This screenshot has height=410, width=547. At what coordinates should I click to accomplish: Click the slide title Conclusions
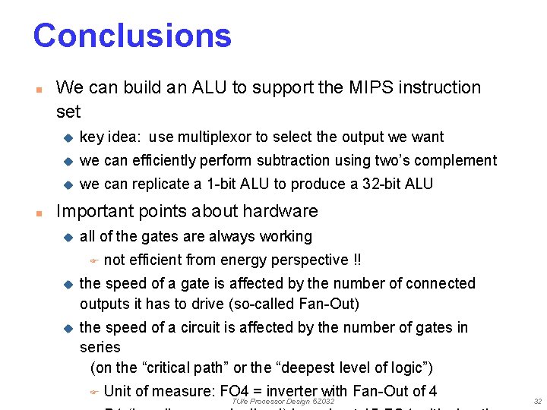coord(132,36)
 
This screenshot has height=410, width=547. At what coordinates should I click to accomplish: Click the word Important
coord(95,211)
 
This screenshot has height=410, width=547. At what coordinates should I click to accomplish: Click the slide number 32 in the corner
coord(538,401)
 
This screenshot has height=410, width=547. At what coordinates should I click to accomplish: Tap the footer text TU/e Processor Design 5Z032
coord(283,401)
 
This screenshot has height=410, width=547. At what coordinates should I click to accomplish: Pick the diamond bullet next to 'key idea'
coord(67,137)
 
